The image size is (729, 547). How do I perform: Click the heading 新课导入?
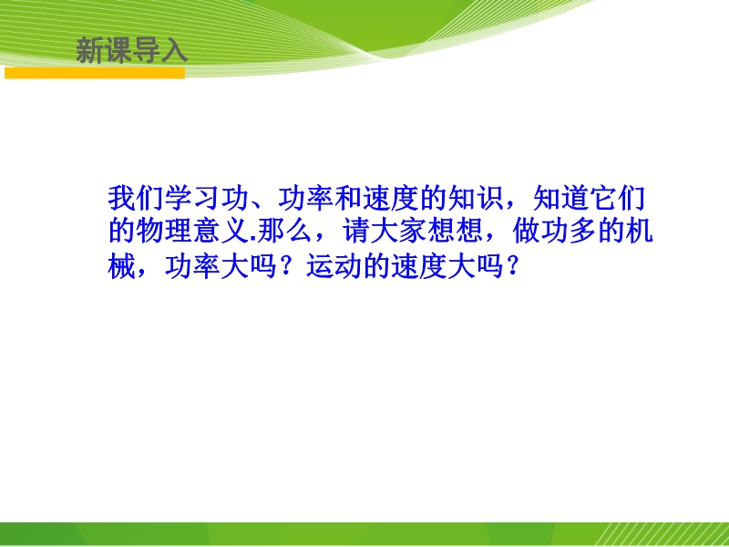click(131, 50)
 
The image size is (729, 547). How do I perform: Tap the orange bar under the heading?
click(95, 73)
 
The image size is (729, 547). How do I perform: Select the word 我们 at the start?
click(136, 198)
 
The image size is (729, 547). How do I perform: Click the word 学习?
click(192, 198)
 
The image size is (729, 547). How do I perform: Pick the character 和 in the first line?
click(348, 198)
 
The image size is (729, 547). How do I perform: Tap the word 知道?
click(560, 198)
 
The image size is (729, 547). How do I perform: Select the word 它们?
click(618, 198)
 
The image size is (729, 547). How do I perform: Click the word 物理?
click(164, 232)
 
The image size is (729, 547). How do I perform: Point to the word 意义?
click(221, 232)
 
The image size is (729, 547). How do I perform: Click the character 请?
click(356, 232)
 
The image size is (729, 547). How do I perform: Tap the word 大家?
click(399, 232)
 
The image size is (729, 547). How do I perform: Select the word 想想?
click(456, 232)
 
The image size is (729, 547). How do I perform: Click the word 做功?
click(540, 232)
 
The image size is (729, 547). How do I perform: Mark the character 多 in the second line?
click(583, 232)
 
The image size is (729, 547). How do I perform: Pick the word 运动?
click(334, 267)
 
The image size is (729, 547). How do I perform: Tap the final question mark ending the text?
click(511, 267)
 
